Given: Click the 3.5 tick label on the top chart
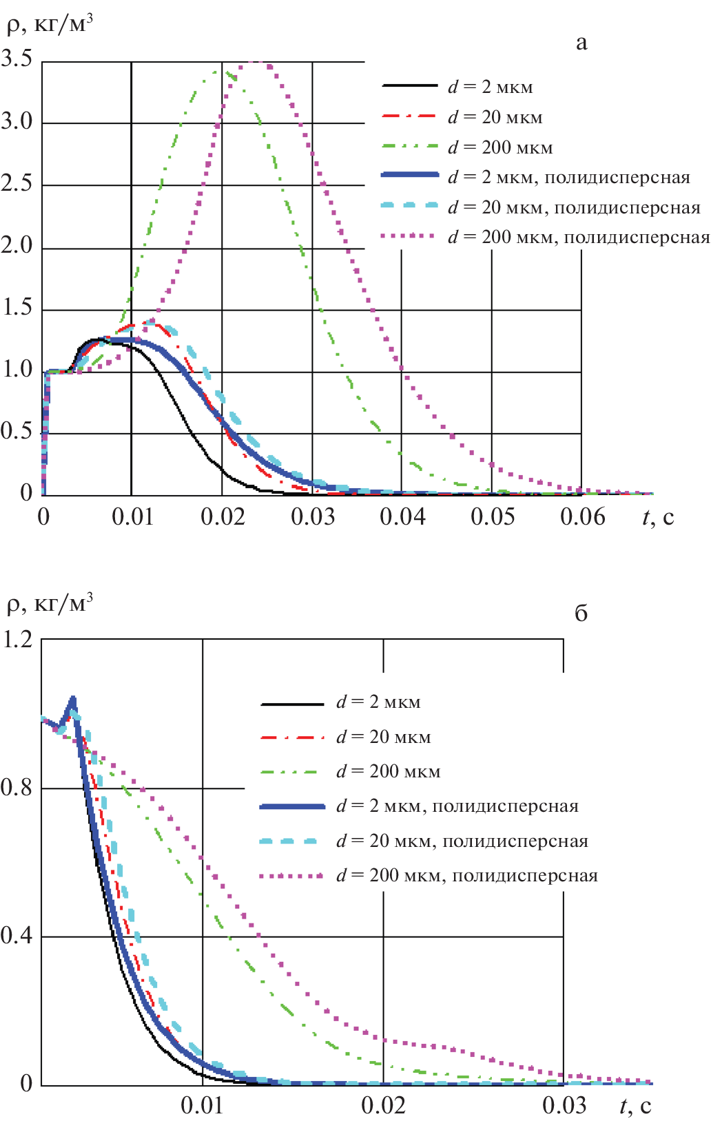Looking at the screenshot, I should [x=17, y=59].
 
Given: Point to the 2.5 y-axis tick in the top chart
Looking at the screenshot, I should [x=17, y=183].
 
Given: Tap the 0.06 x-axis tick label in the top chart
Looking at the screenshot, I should [x=582, y=516].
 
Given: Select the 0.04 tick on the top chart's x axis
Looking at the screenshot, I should [x=402, y=516].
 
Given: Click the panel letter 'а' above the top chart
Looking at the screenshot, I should [x=581, y=43].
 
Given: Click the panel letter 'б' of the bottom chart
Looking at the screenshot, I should [x=581, y=613].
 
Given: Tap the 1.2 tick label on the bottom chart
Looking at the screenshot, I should [x=17, y=639].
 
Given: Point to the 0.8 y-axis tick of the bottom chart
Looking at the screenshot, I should [x=17, y=787].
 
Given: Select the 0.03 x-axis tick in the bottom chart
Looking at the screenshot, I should [x=564, y=1105].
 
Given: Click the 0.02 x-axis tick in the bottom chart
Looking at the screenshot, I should [x=383, y=1105].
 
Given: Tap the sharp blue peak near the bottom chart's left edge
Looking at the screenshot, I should [x=72, y=700].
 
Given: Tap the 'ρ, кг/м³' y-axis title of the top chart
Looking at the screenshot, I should [x=48, y=25].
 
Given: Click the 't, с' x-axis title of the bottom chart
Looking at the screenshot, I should [x=635, y=1105].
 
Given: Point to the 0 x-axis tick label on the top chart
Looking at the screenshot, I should [x=43, y=516].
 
